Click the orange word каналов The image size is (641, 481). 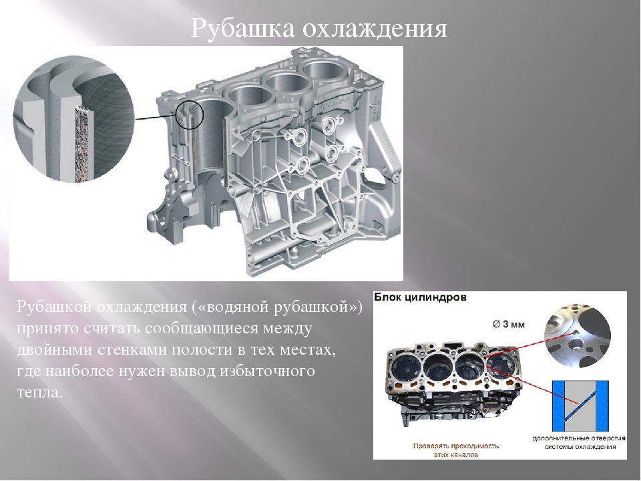pos(466,453)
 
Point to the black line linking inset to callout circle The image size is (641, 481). pos(156,117)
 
